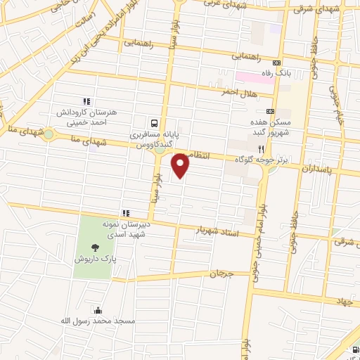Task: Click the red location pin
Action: (x=181, y=165)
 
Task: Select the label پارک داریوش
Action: (x=94, y=259)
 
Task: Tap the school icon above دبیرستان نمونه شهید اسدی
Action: (x=126, y=212)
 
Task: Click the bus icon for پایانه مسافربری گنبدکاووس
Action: (x=153, y=120)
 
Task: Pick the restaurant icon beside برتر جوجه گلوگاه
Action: (x=261, y=149)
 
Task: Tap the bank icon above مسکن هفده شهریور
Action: (x=270, y=111)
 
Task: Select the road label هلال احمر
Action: (x=238, y=91)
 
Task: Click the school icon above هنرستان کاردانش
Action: (x=87, y=102)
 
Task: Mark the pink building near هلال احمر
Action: (x=254, y=77)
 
